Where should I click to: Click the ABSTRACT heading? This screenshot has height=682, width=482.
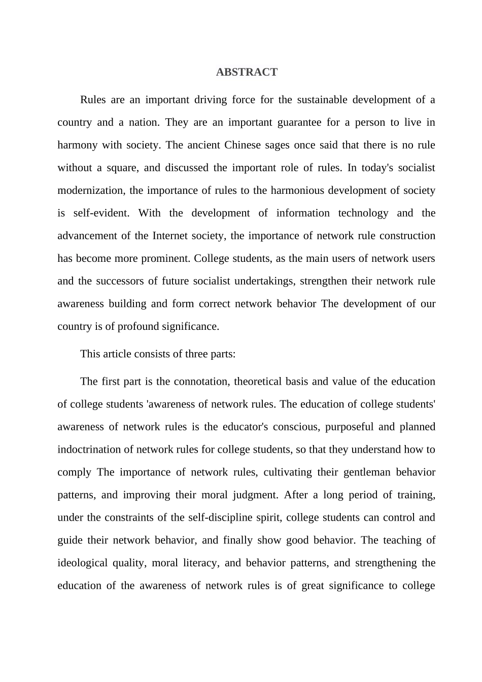click(x=247, y=72)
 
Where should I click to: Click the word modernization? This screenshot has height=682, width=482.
click(x=90, y=191)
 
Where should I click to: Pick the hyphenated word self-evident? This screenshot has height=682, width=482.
click(x=101, y=213)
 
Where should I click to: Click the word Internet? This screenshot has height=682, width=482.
click(x=169, y=236)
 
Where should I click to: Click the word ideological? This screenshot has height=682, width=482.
click(x=82, y=563)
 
